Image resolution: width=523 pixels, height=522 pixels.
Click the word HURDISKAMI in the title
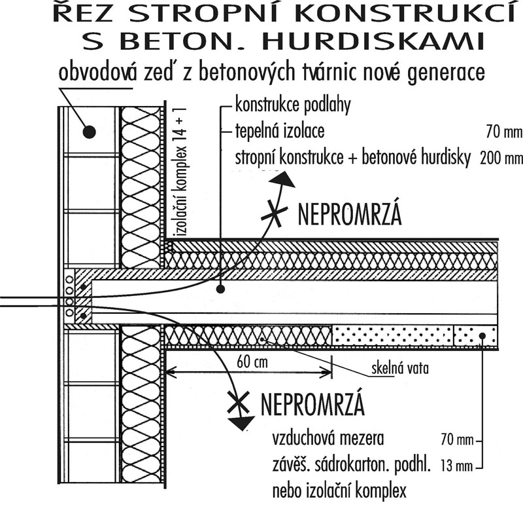(x=380, y=42)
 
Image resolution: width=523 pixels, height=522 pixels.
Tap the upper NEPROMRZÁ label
(x=349, y=214)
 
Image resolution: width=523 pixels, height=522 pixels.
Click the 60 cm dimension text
(x=248, y=361)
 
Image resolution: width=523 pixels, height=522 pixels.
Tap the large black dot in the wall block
(x=90, y=132)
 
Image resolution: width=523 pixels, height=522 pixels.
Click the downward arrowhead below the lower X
(x=243, y=425)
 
